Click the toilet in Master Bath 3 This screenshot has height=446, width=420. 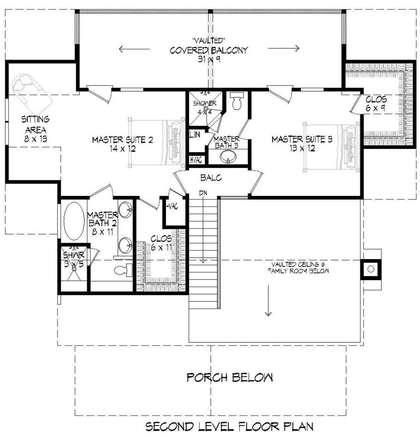236,101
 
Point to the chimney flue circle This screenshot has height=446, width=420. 371,269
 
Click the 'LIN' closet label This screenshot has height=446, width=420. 195,134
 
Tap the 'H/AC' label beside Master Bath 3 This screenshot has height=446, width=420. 196,160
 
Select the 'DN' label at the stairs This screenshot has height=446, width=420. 203,193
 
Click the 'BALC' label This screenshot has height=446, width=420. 211,178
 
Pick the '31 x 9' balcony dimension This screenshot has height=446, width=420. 209,59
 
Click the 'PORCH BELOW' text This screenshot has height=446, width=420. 229,378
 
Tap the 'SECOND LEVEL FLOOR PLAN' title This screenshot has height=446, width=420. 229,427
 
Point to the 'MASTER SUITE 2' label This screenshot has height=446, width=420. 122,139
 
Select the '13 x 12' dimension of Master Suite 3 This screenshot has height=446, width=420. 302,148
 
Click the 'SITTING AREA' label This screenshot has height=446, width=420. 36,124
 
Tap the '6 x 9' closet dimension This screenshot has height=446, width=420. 376,108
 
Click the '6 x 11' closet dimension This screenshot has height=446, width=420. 161,247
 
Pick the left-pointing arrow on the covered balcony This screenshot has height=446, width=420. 134,49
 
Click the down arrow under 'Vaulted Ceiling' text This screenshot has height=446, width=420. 268,300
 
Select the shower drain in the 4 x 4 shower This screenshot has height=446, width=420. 205,108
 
